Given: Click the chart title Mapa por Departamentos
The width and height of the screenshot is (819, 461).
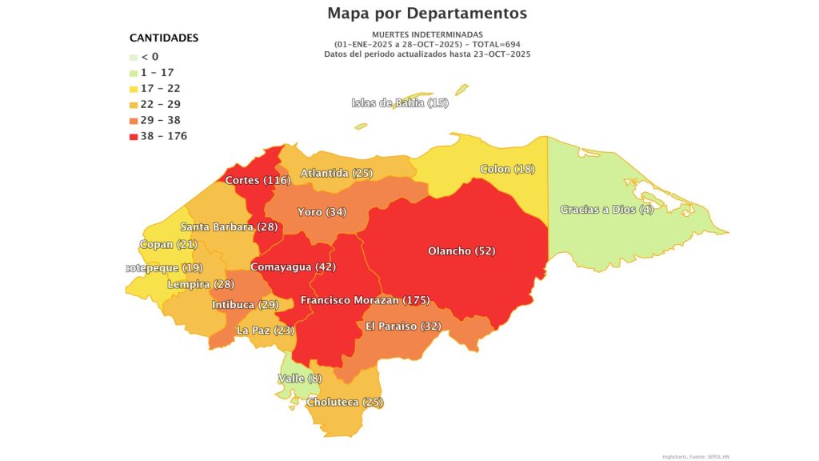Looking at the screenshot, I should (426, 14).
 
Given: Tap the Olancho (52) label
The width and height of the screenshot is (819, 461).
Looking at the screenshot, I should (461, 251).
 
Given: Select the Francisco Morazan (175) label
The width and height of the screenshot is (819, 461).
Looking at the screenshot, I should (365, 300).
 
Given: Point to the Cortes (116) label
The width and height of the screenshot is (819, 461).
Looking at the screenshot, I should (257, 180).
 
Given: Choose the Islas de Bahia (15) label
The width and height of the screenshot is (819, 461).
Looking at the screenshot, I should (400, 103).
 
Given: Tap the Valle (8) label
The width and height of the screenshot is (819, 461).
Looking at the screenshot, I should (300, 379).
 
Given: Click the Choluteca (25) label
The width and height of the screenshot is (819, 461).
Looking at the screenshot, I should (346, 401).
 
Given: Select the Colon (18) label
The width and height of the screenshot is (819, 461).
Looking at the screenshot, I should (507, 169).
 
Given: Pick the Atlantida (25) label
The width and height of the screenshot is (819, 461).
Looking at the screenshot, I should (337, 173).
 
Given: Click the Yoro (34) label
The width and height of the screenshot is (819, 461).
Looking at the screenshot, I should (322, 212).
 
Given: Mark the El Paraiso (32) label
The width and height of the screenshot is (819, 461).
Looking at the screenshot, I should (403, 326).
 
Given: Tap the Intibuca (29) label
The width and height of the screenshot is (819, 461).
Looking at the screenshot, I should (245, 305).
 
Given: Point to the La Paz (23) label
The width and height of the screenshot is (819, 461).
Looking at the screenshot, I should (266, 330).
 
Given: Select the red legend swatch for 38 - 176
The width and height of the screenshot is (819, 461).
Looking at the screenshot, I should (134, 136).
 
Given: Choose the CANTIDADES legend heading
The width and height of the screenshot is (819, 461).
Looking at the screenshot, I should (164, 38).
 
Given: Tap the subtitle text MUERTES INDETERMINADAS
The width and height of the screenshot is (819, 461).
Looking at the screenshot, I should (427, 34).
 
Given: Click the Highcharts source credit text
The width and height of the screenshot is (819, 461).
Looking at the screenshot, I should (696, 456).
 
